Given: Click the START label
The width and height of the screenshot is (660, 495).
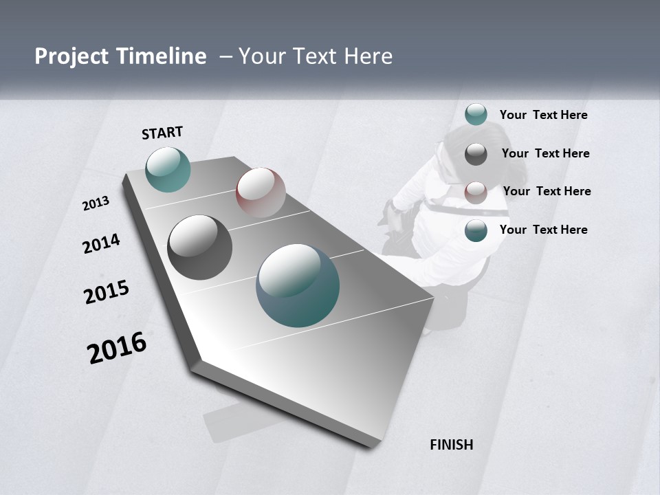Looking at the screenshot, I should pos(162,133).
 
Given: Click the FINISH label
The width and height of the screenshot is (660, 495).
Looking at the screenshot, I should pos(452,445).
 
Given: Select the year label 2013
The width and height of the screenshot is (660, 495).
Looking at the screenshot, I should pos(96,203).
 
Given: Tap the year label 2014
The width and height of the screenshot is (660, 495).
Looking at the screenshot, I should pos(101,243).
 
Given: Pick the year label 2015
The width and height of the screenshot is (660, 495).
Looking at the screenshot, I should pos(107,292).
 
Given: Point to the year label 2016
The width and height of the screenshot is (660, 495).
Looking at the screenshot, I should pos(117,347).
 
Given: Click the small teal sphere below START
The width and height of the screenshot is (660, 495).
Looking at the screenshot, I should pos(168,169).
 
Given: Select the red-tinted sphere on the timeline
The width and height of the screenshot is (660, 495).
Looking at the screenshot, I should pos(261,192).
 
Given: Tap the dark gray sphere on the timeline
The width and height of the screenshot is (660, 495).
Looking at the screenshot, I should pos(200,247).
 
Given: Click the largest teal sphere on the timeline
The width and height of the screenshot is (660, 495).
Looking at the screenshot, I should pos(298,285).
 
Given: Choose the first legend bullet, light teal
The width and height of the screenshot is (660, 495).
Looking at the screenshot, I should pos(476,114).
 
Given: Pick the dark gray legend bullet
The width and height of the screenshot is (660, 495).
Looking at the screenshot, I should pos(476,154).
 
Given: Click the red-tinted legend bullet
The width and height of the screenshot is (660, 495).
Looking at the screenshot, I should pos(476,192).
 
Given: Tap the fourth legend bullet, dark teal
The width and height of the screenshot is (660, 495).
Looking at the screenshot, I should pos(476,230).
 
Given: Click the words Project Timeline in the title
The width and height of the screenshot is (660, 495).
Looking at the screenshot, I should pos(120,56).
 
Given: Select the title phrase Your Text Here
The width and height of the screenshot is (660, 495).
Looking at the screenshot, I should pos(316,56).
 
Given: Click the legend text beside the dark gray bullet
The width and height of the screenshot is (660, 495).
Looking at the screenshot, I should pos(545,153).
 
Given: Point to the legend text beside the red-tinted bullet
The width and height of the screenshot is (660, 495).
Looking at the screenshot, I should pos(547,191).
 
